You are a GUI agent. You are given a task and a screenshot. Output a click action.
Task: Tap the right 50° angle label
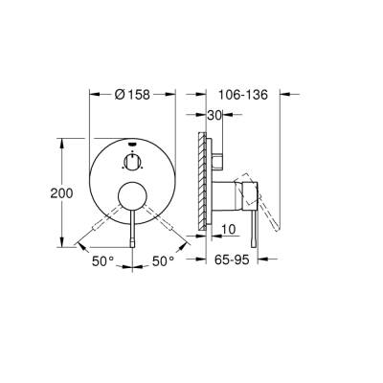pyautogui.click(x=164, y=260)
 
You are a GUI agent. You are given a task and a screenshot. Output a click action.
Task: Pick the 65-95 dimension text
pyautogui.click(x=239, y=260)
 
